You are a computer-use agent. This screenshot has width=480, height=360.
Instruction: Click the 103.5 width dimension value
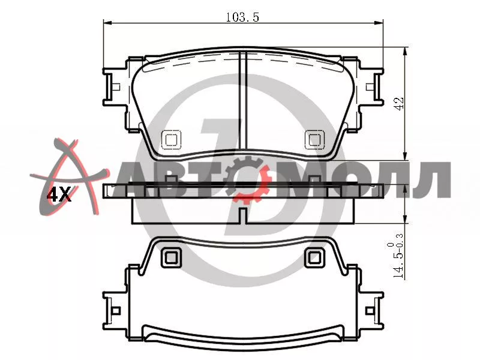click(x=242, y=17)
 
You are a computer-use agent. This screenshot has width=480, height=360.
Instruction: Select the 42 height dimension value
click(x=400, y=104)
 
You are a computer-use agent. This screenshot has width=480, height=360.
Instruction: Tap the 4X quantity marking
click(x=58, y=194)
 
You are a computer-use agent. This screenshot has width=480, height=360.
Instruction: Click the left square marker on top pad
click(x=170, y=140)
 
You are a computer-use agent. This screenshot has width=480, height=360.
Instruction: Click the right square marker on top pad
click(x=314, y=140)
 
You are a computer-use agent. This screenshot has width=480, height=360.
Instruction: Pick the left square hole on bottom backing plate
click(x=171, y=257)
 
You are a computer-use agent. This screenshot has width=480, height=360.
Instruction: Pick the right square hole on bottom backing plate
click(x=314, y=257)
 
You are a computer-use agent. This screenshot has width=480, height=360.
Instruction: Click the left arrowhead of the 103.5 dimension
click(x=107, y=23)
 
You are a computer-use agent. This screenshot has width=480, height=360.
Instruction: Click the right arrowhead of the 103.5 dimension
click(x=379, y=23)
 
